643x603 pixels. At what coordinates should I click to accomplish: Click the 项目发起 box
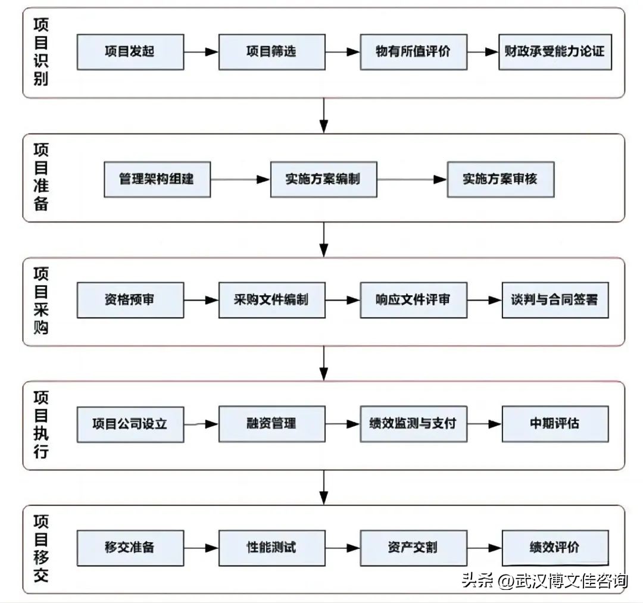click(130, 52)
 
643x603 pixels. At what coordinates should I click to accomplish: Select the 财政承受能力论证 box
click(555, 52)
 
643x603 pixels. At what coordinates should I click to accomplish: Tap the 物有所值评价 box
click(413, 52)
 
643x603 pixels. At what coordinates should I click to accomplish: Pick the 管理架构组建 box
click(157, 179)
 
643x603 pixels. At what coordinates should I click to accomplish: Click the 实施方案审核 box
click(500, 179)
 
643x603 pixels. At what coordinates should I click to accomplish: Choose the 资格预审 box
click(130, 300)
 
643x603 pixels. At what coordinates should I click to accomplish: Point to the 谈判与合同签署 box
click(555, 300)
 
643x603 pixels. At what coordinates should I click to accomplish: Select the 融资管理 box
click(271, 424)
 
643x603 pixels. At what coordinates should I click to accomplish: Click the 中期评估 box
click(555, 424)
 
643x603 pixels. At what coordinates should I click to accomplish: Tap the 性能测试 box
click(271, 548)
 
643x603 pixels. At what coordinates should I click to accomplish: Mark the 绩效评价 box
click(555, 548)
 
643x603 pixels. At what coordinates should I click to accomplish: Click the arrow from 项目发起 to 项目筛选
click(201, 52)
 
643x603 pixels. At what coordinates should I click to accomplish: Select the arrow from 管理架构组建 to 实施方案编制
click(241, 179)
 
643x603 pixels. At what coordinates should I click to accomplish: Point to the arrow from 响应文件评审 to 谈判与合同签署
click(484, 300)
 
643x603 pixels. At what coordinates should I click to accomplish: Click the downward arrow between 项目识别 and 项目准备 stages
click(323, 115)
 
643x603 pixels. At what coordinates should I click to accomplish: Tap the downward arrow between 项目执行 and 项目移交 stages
click(323, 488)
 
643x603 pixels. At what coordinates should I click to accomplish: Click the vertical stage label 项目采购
click(41, 300)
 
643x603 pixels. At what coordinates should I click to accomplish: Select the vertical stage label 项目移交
click(41, 548)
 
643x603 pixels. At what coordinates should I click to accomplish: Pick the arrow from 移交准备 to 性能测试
click(201, 548)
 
